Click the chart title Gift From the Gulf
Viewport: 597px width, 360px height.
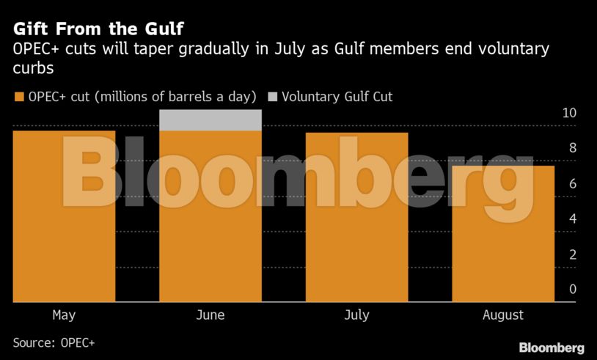coord(98,29)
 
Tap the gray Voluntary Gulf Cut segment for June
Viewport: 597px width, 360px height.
coord(210,120)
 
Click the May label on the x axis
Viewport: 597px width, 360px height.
coord(64,315)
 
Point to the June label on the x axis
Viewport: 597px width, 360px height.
coord(210,315)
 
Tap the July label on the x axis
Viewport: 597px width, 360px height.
coord(356,315)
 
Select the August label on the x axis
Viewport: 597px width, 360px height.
coord(503,315)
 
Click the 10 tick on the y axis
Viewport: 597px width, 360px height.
coord(569,113)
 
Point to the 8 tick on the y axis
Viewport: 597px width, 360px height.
coord(573,148)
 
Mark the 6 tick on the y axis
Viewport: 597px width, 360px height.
coord(573,183)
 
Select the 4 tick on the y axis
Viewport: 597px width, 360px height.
coord(573,218)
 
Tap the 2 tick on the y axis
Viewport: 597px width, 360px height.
coord(573,254)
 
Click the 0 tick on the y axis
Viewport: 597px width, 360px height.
coord(573,290)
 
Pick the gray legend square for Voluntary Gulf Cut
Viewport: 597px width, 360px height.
coord(273,97)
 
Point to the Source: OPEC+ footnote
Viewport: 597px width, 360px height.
coord(54,342)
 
